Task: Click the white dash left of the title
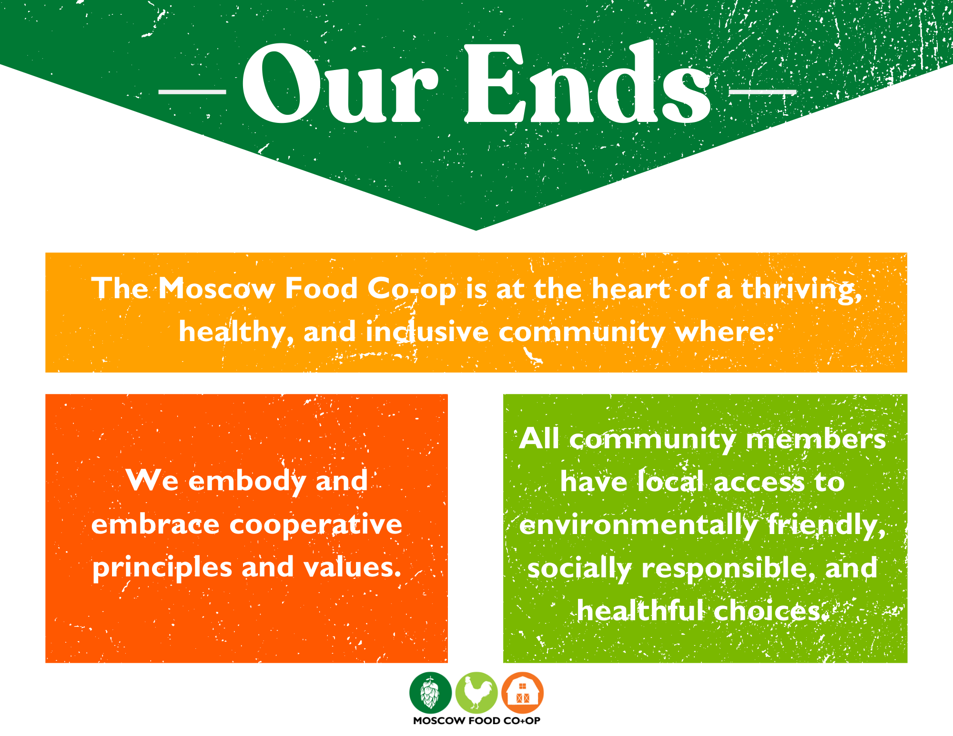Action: click(192, 91)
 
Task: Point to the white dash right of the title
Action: click(763, 91)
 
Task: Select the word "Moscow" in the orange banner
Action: click(217, 289)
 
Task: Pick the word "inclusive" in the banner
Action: click(427, 332)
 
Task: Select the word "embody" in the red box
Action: click(248, 481)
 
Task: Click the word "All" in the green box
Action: click(539, 438)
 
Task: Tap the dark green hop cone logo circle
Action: click(430, 693)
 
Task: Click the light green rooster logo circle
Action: click(476, 693)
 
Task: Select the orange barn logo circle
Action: click(523, 693)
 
